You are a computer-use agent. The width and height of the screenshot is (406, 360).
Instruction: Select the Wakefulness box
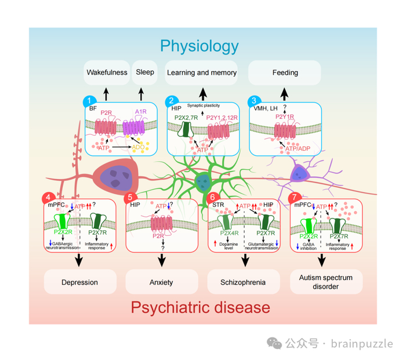click(x=107, y=73)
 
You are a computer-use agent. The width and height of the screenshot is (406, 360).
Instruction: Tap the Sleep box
click(x=145, y=73)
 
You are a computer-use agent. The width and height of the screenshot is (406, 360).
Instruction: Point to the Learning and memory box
click(x=202, y=73)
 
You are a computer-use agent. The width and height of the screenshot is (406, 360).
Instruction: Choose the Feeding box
click(x=285, y=73)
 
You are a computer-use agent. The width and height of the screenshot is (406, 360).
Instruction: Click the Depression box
click(x=79, y=282)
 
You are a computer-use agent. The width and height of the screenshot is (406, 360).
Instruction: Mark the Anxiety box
click(x=161, y=282)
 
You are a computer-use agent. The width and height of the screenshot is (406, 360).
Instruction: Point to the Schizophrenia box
click(x=244, y=282)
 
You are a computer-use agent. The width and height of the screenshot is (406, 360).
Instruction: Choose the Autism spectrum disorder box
click(x=326, y=282)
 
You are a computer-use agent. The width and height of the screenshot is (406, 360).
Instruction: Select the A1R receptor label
click(x=142, y=112)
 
